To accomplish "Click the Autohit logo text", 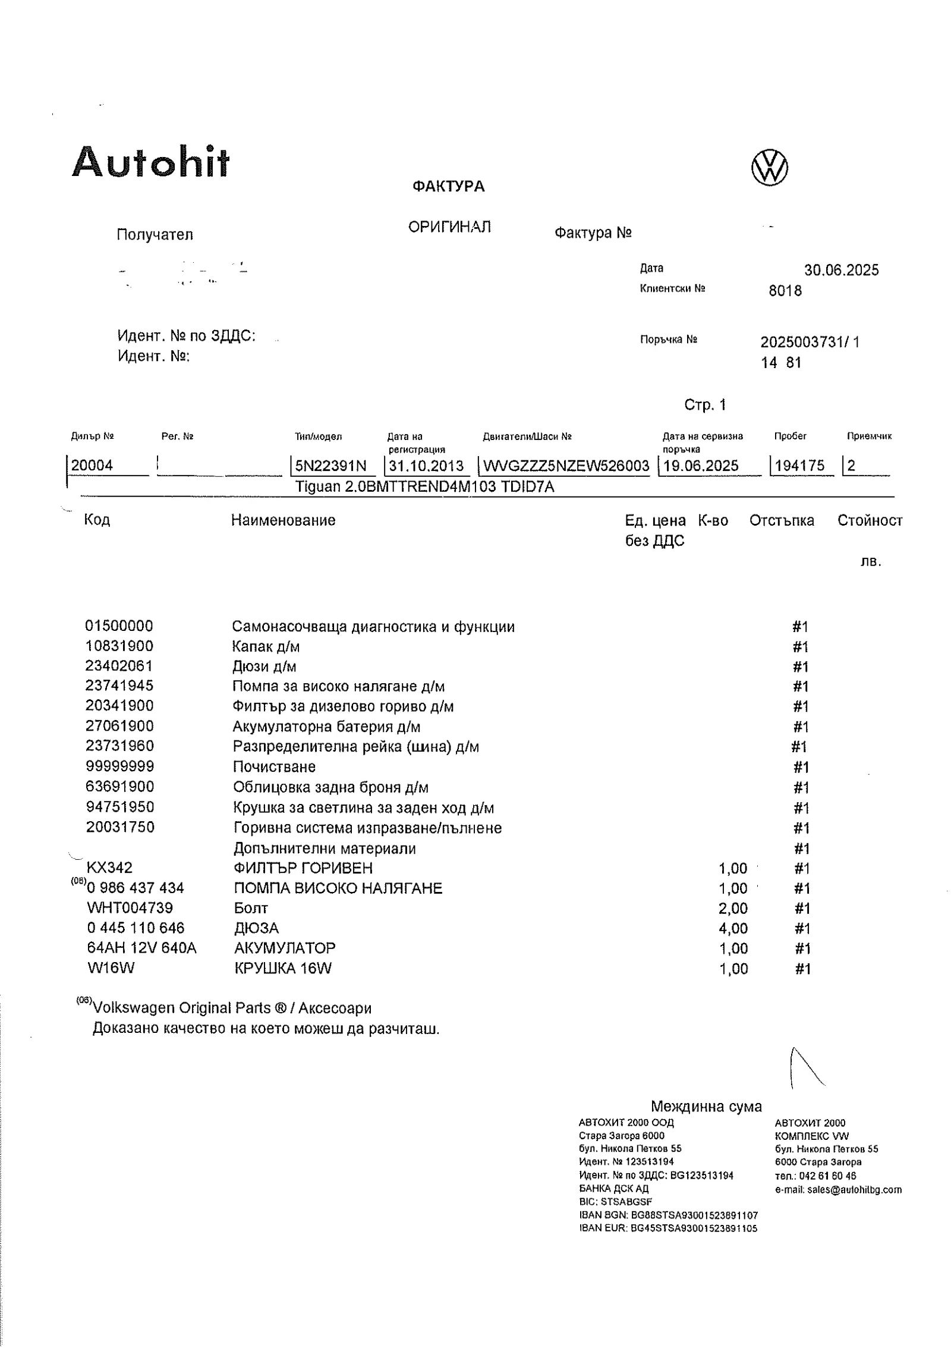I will pos(150,162).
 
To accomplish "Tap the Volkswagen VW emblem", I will pos(770,167).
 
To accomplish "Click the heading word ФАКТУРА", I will pos(448,187).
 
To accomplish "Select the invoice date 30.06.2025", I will pos(841,271).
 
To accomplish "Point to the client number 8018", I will pos(785,291).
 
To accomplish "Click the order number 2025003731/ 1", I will pos(810,343).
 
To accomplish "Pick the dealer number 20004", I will pos(92,466).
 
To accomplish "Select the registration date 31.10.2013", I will pos(426,466).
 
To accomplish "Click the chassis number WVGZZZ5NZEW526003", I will pos(566,466).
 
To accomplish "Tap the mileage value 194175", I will pos(800,466).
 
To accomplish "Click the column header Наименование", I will pos(283,520).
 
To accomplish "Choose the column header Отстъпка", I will pos(781,521).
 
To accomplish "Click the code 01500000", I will pos(119,626).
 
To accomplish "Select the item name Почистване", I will pos(273,767).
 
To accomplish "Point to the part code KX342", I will pos(109,868).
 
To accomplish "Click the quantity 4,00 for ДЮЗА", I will pos(733,928).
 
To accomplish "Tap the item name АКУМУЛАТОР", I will pos(285,948).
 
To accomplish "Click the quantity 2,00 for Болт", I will pos(733,909).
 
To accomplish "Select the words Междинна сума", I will pos(706,1107).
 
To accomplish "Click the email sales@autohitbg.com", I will pos(838,1190).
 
